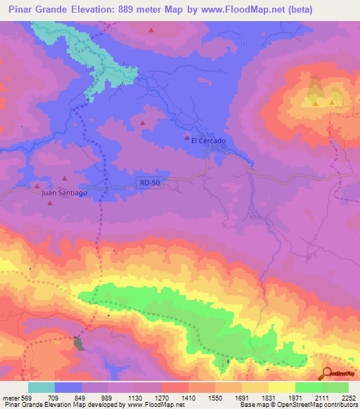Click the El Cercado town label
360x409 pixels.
[x=208, y=141]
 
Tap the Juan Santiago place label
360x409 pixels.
[x=65, y=191]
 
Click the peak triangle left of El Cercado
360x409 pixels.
[x=187, y=136]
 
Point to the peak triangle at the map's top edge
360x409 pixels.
[x=152, y=30]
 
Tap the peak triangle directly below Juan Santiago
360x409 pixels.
[x=50, y=203]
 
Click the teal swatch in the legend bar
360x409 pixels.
[x=41, y=387]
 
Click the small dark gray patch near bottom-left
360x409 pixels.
[x=79, y=344]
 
